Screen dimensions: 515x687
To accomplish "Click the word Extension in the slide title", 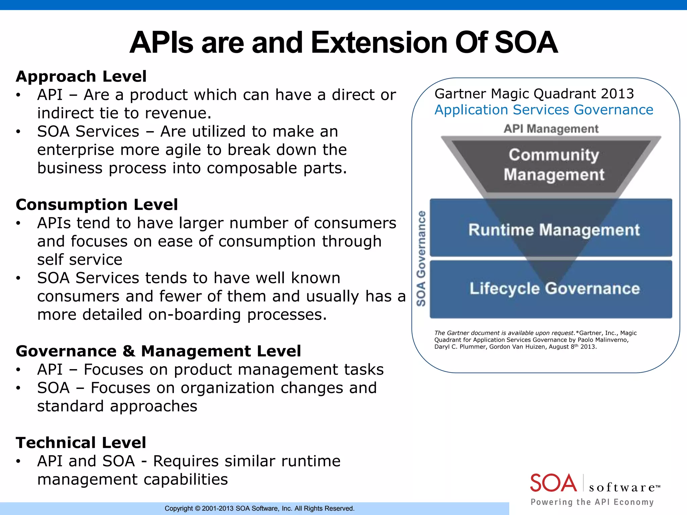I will (x=379, y=43).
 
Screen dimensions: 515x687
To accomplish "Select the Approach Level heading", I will (x=81, y=76).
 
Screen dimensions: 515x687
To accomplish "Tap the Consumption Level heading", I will (x=97, y=205).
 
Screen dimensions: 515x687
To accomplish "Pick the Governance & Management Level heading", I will (x=158, y=351).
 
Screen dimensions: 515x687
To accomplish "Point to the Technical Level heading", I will (x=81, y=443).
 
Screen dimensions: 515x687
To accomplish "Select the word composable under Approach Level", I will (x=252, y=168).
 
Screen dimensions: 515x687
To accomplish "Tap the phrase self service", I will (x=80, y=260).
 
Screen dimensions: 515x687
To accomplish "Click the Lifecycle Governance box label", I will (x=554, y=289).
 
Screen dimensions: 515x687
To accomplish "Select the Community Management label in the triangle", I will (x=553, y=165).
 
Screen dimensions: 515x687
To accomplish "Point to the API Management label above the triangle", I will (x=551, y=129).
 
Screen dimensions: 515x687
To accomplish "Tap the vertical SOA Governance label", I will (x=421, y=258).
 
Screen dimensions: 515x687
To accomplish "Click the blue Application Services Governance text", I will (x=543, y=110).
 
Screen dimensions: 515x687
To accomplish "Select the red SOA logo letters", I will (x=553, y=483).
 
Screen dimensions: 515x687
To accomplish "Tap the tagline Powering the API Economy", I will (x=592, y=502).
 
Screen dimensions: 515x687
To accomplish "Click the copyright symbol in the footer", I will (x=197, y=509).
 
